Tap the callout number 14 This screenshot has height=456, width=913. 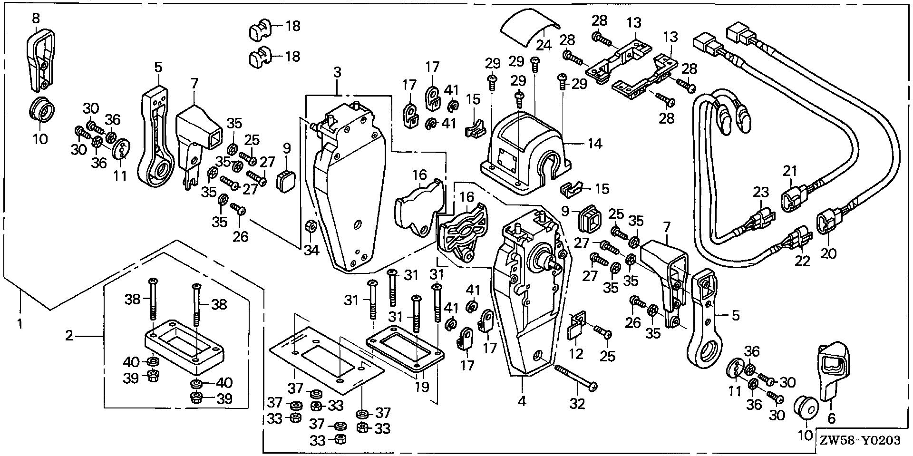[x=595, y=143]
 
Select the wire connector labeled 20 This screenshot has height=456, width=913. [x=825, y=224]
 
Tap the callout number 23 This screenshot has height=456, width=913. [x=761, y=193]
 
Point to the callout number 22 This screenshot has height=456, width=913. [x=802, y=261]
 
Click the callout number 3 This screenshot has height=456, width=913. [x=337, y=73]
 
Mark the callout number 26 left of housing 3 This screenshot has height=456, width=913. [x=241, y=236]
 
